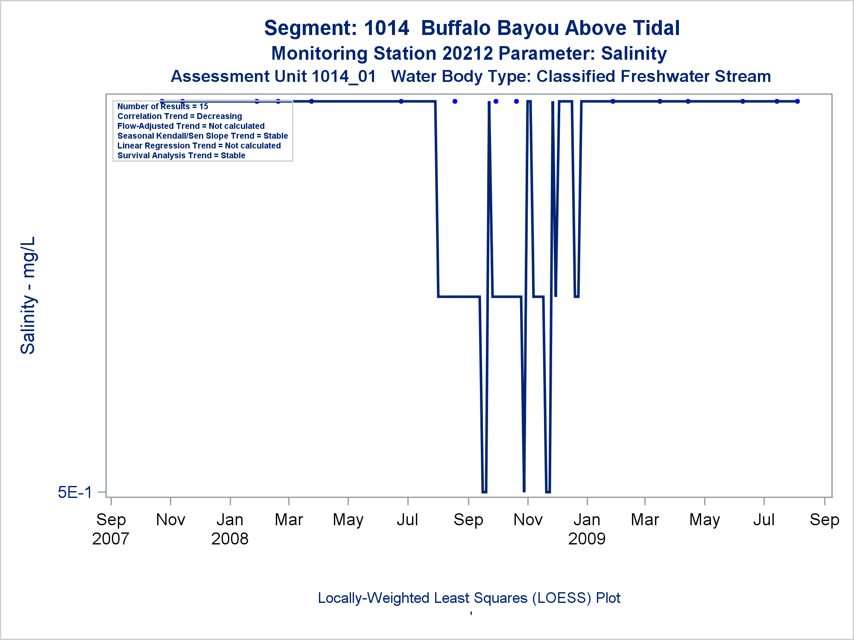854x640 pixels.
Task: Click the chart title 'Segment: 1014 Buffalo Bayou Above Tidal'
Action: point(471,28)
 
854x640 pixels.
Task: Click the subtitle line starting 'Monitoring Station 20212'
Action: point(469,54)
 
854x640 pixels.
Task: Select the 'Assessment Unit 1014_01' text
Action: point(273,77)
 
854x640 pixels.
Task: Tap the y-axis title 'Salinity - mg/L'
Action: point(28,295)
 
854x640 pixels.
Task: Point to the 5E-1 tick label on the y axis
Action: point(75,492)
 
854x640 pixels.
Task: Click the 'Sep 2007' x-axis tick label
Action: point(111,529)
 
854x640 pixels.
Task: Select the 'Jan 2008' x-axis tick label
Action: point(230,529)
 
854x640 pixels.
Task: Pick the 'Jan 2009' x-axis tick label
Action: point(587,529)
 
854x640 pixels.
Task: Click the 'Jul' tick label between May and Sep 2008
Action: point(407,520)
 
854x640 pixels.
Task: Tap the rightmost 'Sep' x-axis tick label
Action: point(824,520)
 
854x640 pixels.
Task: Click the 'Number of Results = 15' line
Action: point(163,107)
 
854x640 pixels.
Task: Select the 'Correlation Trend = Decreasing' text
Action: point(179,116)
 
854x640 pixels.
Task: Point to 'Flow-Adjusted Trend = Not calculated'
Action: point(191,126)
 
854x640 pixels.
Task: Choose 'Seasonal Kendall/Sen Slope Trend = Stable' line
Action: point(202,136)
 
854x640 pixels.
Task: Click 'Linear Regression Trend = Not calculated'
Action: point(199,146)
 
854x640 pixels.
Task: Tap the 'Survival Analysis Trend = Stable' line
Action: point(181,156)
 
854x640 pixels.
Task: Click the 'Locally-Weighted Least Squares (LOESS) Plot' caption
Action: point(469,598)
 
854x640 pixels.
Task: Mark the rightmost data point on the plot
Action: point(797,102)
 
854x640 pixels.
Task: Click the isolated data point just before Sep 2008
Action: point(455,102)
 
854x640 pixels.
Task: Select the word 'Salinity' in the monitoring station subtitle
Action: point(634,54)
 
